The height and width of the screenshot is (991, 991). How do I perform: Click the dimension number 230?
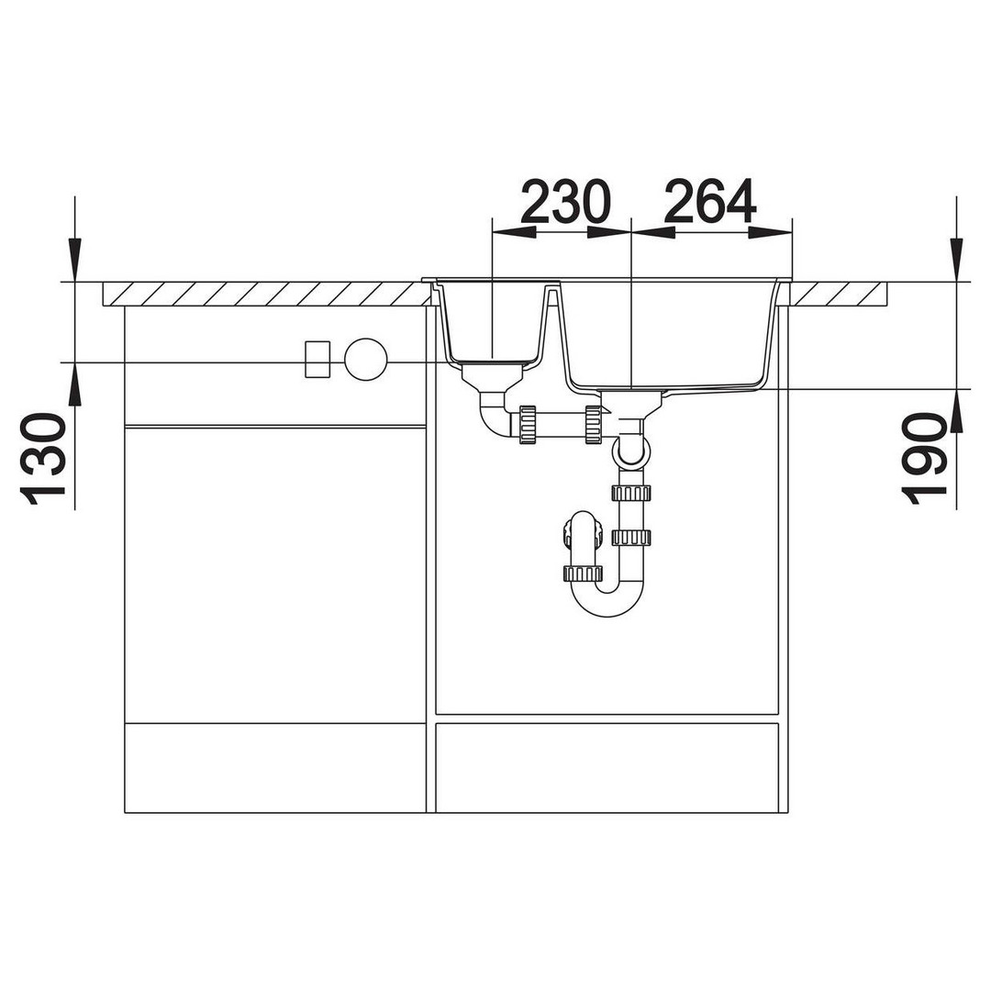tap(565, 201)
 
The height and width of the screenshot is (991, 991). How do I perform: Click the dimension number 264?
tap(710, 201)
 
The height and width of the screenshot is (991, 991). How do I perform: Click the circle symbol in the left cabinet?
tap(365, 360)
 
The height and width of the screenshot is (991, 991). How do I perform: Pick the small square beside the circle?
tap(317, 360)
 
